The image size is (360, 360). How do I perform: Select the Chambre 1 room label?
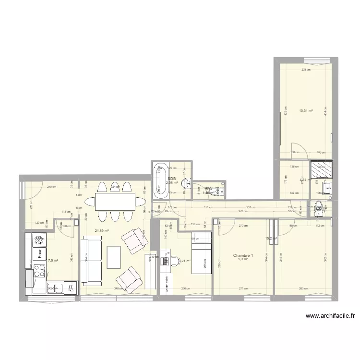[243, 255]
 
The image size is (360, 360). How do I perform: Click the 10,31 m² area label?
[306, 110]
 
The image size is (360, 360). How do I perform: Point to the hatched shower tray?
[320, 169]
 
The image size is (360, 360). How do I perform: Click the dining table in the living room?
[114, 201]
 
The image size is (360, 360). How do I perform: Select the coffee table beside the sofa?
[114, 257]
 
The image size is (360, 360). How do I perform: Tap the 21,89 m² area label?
[102, 231]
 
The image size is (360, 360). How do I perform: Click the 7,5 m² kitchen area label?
[52, 261]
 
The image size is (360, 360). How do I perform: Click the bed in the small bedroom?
[201, 253]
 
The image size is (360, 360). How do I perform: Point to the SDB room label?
[171, 178]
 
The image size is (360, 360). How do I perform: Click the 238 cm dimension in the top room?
[306, 70]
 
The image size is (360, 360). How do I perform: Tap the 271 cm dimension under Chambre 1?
[242, 289]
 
